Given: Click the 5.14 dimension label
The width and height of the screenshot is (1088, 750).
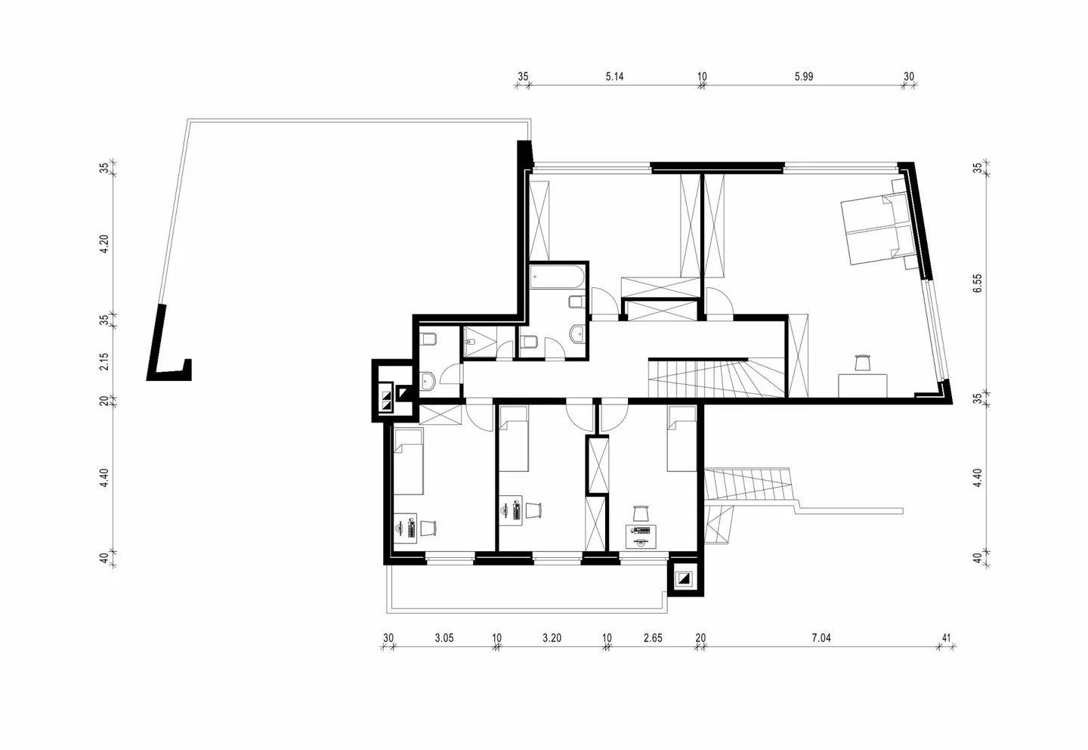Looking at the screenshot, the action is pyautogui.click(x=614, y=76).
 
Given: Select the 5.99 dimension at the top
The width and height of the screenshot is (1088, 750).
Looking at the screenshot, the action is pyautogui.click(x=804, y=76).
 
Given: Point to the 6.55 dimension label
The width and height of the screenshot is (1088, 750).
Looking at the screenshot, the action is pyautogui.click(x=977, y=283).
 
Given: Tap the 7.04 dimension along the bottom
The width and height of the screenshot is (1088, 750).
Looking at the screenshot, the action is pyautogui.click(x=821, y=637).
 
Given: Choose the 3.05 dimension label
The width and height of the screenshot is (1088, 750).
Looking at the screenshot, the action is pyautogui.click(x=444, y=637).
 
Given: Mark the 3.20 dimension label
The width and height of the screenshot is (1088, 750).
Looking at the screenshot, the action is pyautogui.click(x=552, y=637).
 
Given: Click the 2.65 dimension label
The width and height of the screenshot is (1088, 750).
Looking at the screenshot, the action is pyautogui.click(x=653, y=637).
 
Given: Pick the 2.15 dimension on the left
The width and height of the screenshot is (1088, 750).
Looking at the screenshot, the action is pyautogui.click(x=104, y=361).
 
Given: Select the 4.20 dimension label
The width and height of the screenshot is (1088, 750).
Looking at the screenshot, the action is pyautogui.click(x=104, y=243).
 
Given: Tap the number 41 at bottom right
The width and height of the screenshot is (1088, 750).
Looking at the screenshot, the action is pyautogui.click(x=946, y=637).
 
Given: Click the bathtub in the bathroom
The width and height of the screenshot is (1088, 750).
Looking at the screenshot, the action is pyautogui.click(x=557, y=277).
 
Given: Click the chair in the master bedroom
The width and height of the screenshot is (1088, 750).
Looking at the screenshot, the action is pyautogui.click(x=861, y=363).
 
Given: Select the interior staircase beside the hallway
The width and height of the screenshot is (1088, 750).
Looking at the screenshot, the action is pyautogui.click(x=716, y=378).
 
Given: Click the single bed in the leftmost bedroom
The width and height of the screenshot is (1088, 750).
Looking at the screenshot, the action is pyautogui.click(x=409, y=462).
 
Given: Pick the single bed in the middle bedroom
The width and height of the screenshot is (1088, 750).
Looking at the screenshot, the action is pyautogui.click(x=514, y=439).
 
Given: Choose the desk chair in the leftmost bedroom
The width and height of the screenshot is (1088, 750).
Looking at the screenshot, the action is pyautogui.click(x=428, y=528).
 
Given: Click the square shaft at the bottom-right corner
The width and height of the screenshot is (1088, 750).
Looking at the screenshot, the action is pyautogui.click(x=685, y=578).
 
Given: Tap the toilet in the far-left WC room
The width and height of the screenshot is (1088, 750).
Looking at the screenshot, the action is pyautogui.click(x=428, y=338).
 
